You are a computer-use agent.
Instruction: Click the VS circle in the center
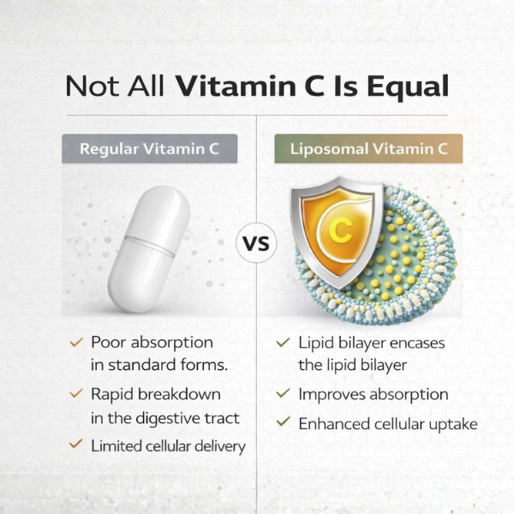click(257, 245)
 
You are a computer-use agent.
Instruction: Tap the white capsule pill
click(149, 248)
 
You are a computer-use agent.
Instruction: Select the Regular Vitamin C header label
click(149, 148)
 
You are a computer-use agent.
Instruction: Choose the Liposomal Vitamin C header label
click(368, 148)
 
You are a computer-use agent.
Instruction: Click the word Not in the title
click(91, 87)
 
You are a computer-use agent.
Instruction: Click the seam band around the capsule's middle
click(150, 246)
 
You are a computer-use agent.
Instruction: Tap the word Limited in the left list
click(115, 445)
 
